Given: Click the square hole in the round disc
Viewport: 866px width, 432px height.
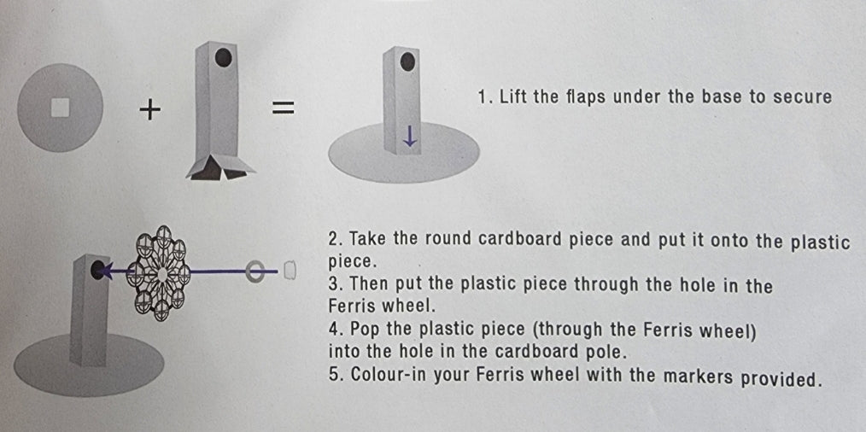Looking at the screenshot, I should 60,108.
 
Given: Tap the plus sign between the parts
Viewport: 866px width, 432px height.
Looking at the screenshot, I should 149,109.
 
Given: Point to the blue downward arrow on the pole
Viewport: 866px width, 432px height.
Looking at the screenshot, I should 410,136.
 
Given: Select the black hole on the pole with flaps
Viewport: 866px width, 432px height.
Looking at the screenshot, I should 223,58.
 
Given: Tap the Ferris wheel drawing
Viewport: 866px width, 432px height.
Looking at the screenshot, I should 161,272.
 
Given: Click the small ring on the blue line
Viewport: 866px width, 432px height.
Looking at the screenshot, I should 255,271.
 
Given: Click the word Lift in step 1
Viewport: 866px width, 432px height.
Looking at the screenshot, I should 514,96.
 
